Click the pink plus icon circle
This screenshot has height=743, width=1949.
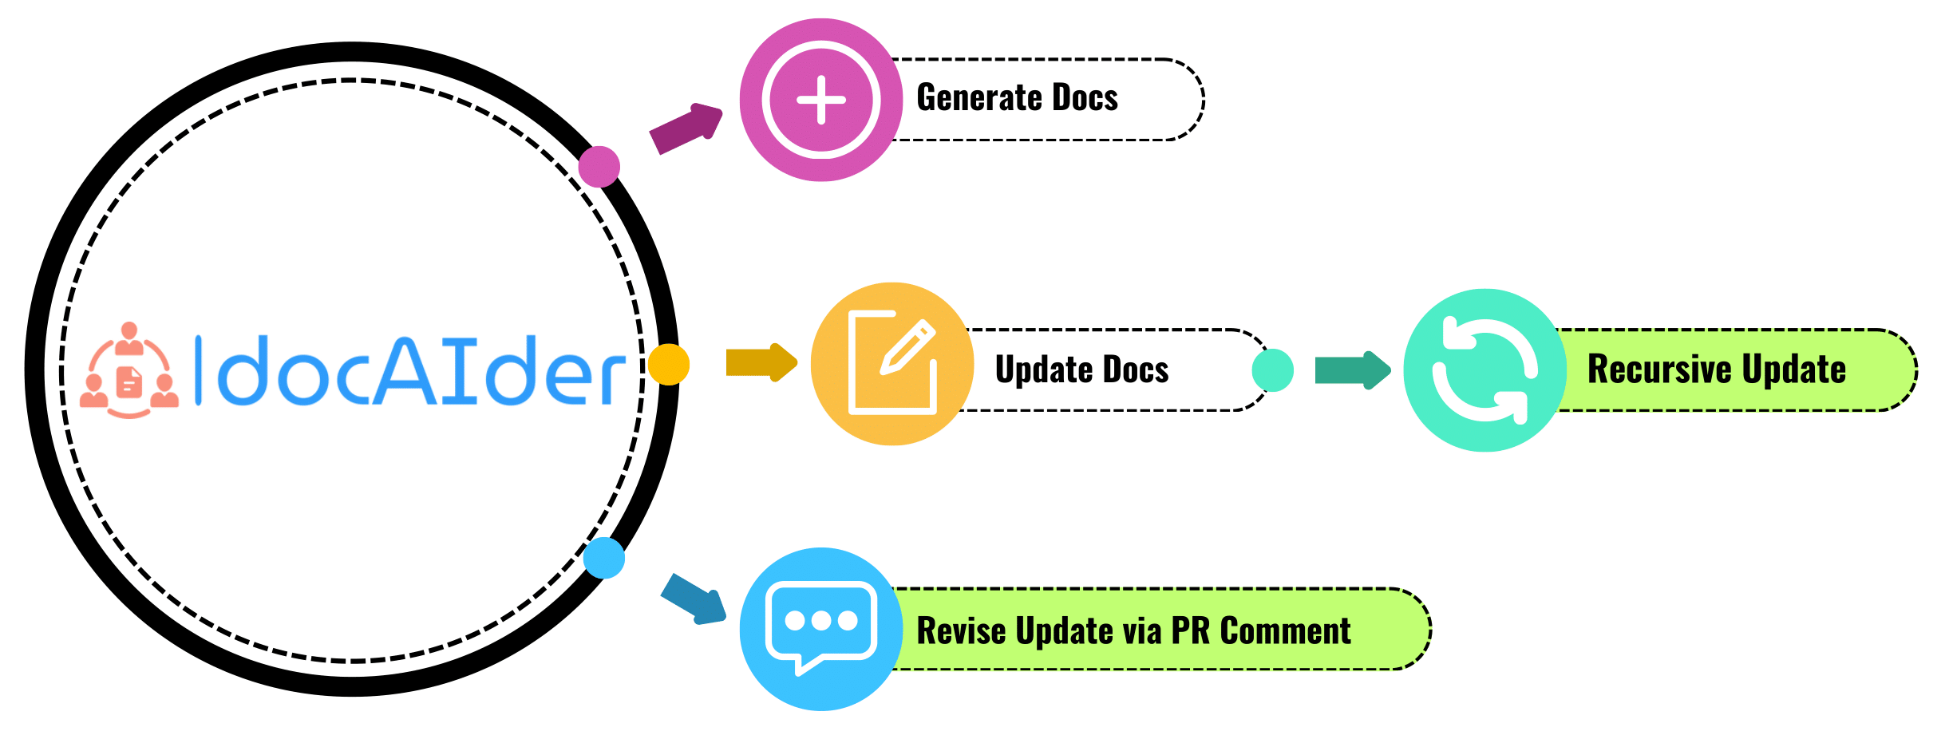[820, 101]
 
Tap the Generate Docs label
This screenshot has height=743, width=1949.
[1017, 98]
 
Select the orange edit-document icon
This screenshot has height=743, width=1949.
[892, 364]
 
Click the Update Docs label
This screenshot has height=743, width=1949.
[1081, 370]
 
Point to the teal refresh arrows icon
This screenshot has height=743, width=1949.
[1484, 370]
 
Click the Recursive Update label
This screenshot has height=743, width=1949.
[1716, 370]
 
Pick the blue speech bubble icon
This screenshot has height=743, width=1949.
[820, 629]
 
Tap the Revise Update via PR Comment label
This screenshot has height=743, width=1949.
[1133, 630]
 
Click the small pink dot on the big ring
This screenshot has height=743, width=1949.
[599, 167]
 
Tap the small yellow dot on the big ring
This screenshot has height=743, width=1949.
[669, 365]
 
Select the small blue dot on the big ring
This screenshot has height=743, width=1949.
[604, 558]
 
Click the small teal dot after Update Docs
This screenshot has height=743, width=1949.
[1273, 370]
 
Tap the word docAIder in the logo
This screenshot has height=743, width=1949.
[411, 371]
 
